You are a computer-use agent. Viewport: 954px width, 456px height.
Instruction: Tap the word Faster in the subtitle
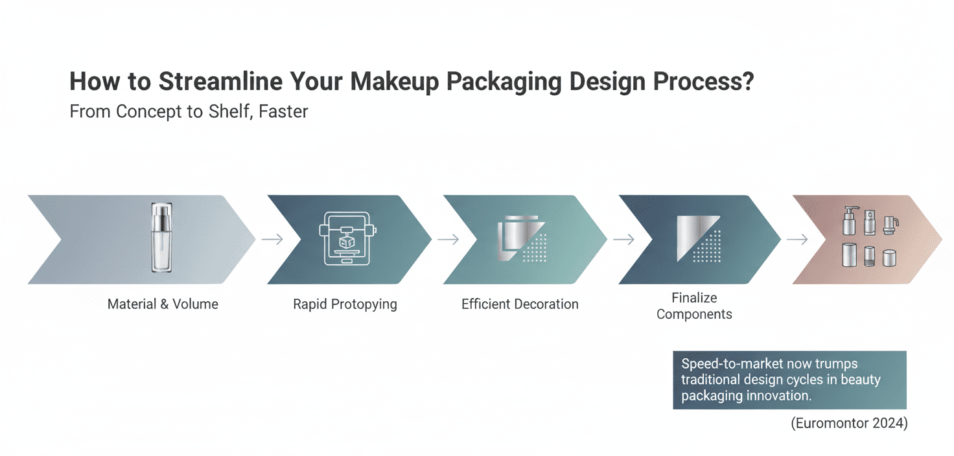click(283, 111)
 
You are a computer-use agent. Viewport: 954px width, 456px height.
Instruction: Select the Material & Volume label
click(163, 304)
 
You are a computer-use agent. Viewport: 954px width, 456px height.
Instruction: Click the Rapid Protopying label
click(345, 304)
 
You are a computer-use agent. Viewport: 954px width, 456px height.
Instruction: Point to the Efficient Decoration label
click(520, 304)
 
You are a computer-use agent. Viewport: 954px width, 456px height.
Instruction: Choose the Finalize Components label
click(694, 306)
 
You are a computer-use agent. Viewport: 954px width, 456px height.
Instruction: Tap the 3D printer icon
click(345, 238)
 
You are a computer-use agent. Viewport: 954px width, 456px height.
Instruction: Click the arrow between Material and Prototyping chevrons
click(273, 240)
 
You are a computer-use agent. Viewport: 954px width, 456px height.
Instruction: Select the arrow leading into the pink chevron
click(798, 240)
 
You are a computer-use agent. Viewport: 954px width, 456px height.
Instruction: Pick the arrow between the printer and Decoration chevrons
click(448, 240)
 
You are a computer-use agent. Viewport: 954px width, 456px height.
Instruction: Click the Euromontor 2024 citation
click(849, 424)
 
